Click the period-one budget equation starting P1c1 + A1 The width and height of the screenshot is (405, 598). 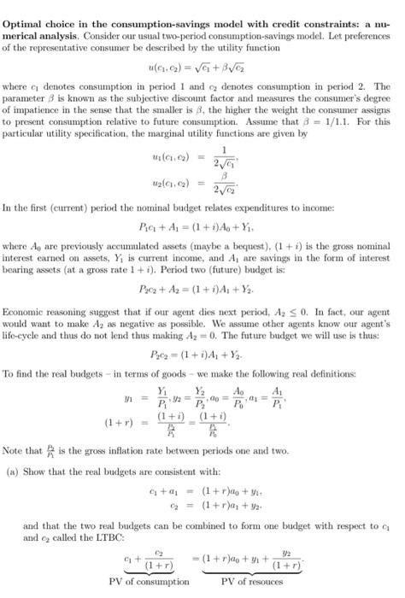click(x=202, y=226)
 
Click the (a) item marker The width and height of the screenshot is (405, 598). click(x=12, y=469)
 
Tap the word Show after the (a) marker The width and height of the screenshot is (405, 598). click(x=34, y=469)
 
